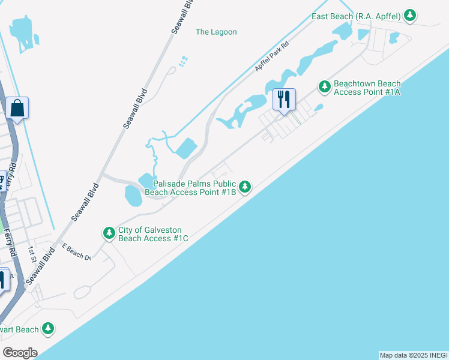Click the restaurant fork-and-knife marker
(x=284, y=99)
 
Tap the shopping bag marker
(x=17, y=109)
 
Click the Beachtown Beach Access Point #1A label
(x=367, y=88)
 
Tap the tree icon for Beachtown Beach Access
(x=325, y=88)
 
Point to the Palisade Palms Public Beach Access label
(x=194, y=188)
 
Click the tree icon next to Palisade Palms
(x=245, y=187)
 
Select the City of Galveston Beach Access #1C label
(x=153, y=234)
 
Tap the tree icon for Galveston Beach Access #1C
(x=109, y=233)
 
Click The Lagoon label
(x=216, y=32)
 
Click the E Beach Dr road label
(x=76, y=253)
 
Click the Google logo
(x=20, y=352)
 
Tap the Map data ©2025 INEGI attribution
(x=413, y=355)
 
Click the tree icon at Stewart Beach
(x=48, y=329)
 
